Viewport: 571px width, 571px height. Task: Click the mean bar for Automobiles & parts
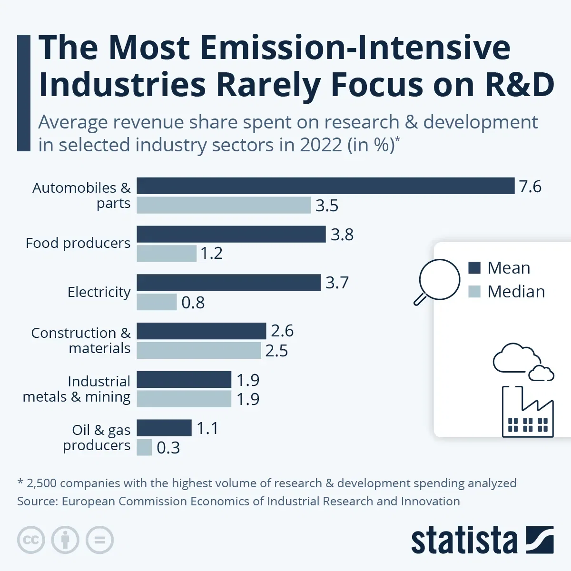[325, 186]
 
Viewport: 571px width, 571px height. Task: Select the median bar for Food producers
[167, 254]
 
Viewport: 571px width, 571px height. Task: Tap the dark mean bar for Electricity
[228, 283]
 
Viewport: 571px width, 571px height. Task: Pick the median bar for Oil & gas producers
[144, 447]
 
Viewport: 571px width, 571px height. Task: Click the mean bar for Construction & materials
[201, 331]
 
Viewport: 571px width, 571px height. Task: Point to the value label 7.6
[530, 187]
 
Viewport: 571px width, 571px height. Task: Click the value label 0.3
[168, 448]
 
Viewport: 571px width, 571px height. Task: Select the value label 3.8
[342, 235]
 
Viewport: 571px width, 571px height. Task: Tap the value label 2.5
[276, 351]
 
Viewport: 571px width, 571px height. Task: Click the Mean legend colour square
[474, 268]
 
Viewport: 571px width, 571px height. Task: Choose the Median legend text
[516, 292]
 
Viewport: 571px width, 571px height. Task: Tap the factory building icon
[528, 413]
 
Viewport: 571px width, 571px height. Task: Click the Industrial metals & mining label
[77, 389]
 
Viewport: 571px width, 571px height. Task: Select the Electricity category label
[99, 292]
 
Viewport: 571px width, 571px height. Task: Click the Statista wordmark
[464, 541]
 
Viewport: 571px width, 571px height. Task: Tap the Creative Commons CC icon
[31, 540]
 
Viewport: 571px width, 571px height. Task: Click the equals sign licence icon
[100, 540]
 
